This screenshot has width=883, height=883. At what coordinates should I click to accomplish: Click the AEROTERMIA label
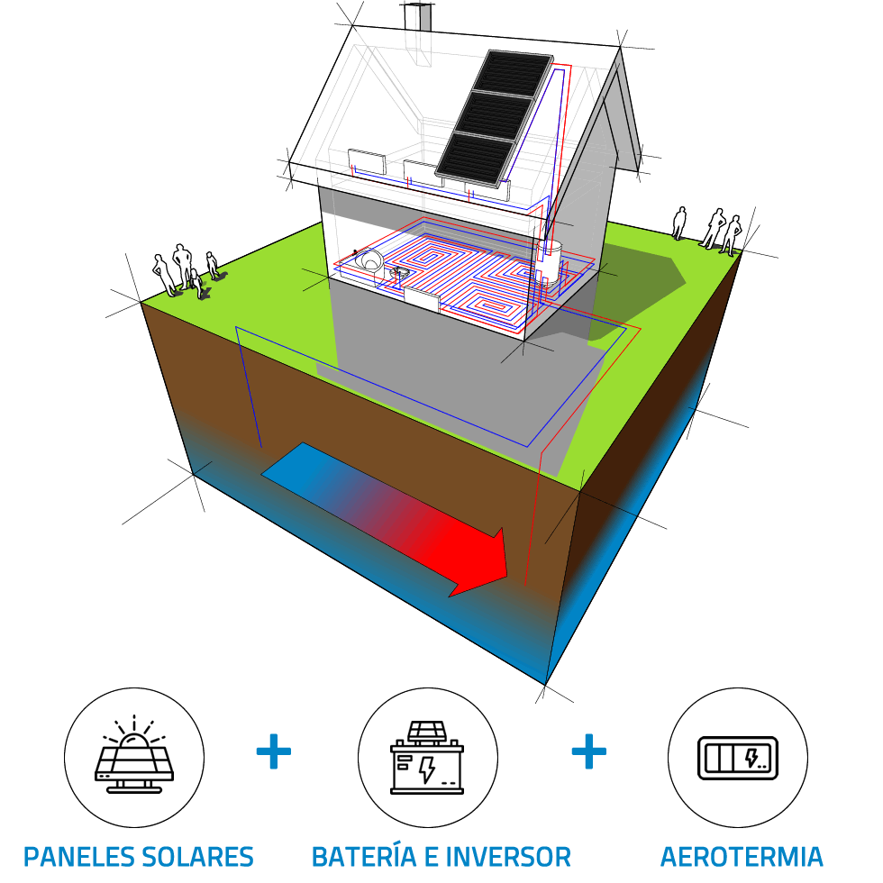click(742, 856)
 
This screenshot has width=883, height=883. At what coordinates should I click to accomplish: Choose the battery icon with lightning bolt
click(426, 758)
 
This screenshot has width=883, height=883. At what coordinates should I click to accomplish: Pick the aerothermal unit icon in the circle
click(737, 758)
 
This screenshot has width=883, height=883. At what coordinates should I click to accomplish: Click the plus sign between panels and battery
click(274, 751)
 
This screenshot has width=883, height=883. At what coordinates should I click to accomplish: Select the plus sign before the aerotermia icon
click(588, 751)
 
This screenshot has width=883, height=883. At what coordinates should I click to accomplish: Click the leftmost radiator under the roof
click(368, 163)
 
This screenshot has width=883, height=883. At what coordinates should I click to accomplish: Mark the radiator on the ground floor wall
click(422, 299)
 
